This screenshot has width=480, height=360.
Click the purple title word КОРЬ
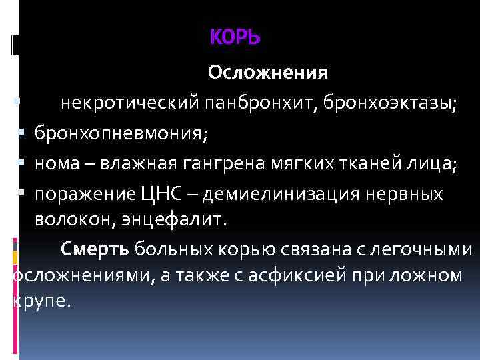click(x=235, y=39)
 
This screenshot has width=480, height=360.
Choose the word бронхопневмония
click(x=121, y=133)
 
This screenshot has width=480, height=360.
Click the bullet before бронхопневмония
click(x=22, y=133)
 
